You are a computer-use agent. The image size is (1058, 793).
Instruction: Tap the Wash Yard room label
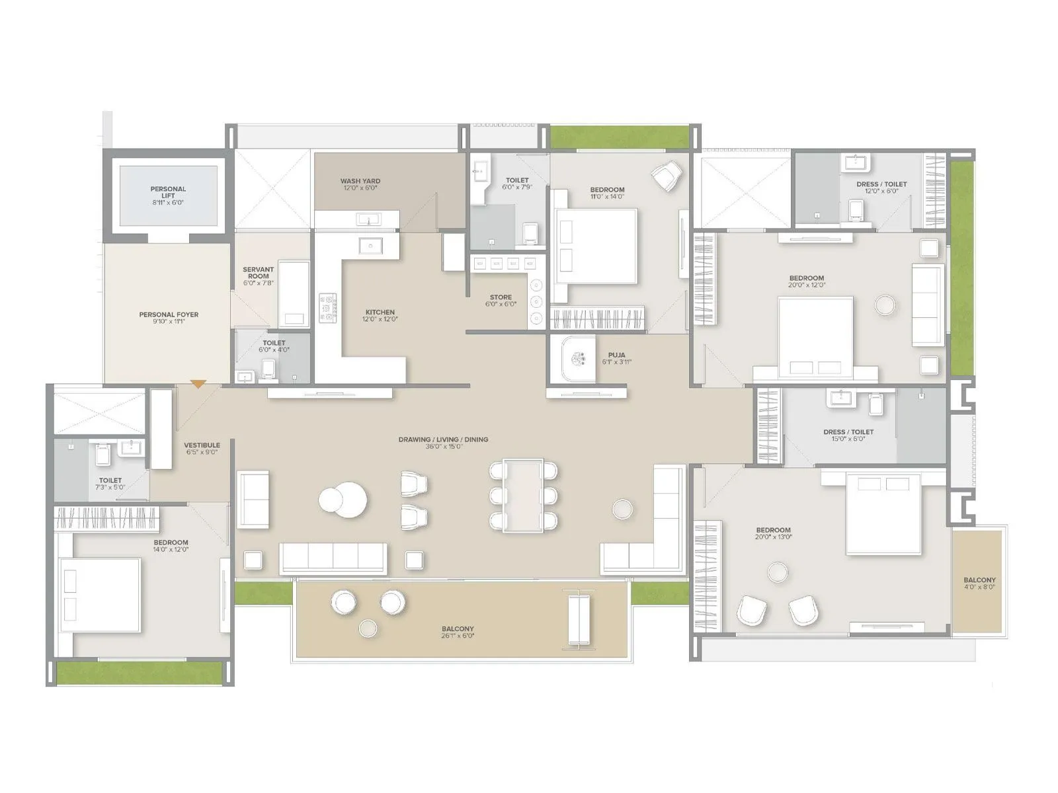[360, 181]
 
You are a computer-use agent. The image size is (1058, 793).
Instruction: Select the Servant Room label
[258, 273]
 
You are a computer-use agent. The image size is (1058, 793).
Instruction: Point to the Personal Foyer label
[169, 315]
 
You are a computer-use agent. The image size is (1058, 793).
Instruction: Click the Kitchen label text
[380, 312]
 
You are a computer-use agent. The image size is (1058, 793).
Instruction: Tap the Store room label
[501, 297]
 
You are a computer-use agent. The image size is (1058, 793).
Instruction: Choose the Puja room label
[616, 355]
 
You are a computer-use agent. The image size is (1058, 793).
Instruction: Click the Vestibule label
[202, 445]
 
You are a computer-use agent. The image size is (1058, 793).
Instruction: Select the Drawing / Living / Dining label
[443, 439]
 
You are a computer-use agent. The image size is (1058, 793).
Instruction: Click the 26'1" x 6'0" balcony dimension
[458, 636]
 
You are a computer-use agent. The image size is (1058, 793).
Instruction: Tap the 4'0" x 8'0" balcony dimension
[979, 587]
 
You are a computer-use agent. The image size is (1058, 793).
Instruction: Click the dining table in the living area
[523, 495]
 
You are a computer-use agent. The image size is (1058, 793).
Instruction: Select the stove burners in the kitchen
[328, 309]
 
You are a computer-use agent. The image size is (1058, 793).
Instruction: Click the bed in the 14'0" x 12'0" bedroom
[100, 595]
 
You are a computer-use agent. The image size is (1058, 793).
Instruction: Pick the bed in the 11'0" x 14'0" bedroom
[596, 246]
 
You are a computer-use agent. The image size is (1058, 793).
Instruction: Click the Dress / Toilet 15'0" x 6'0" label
[848, 435]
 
